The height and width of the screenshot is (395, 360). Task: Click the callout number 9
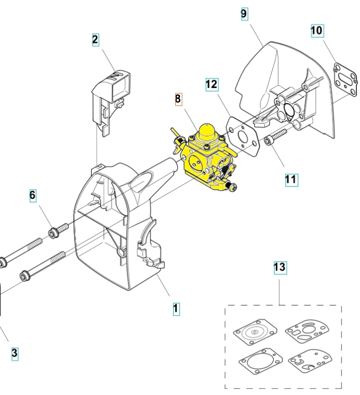click(244, 14)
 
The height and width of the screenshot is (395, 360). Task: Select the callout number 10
click(317, 31)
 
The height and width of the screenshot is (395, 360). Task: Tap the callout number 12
click(212, 84)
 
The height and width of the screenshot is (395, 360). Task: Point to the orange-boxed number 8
click(178, 99)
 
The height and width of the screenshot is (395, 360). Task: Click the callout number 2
click(95, 40)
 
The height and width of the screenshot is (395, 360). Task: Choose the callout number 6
click(33, 195)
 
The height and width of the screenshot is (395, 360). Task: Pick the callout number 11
click(291, 180)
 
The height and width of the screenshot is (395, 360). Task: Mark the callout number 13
click(280, 268)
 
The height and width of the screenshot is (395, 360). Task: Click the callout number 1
click(176, 309)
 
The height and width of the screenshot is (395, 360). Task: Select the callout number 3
click(15, 353)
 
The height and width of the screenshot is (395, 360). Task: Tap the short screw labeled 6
click(58, 230)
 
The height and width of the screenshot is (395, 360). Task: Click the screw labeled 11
click(275, 137)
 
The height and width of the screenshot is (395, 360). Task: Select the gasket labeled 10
click(345, 80)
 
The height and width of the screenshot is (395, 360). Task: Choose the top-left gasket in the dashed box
click(255, 332)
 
